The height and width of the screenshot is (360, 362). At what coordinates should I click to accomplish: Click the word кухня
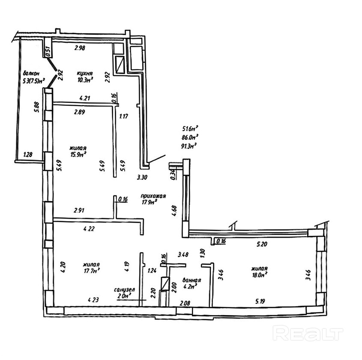coord(85,74)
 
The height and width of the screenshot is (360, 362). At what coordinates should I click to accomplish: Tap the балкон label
coord(31,74)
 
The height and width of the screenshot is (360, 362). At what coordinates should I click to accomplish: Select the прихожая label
coord(153,196)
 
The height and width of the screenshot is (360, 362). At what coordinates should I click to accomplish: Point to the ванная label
coord(191,280)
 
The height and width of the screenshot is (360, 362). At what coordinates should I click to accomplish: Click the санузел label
coord(124,290)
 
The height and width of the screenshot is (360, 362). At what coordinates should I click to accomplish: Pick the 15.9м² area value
coord(78,154)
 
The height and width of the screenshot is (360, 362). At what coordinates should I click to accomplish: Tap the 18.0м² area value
coord(260,275)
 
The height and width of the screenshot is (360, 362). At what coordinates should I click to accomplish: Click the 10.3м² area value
coord(85,80)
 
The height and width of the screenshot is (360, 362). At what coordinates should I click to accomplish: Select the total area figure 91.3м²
coord(188,146)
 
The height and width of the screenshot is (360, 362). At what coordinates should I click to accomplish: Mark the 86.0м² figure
coord(190,137)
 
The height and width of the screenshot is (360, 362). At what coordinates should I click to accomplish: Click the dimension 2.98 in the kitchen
coord(80,48)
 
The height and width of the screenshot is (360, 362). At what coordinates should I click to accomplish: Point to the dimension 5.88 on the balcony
coord(37,107)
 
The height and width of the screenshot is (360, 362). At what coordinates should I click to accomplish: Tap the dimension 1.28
coord(28,155)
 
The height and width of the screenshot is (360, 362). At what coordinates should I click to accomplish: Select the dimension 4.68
coord(174,211)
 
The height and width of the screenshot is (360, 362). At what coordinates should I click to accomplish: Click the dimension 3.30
coord(142,178)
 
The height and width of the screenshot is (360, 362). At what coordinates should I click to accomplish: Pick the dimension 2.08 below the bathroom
coord(185,303)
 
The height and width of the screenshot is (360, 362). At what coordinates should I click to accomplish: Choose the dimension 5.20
coord(262,244)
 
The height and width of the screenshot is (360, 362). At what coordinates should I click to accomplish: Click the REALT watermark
coord(308,333)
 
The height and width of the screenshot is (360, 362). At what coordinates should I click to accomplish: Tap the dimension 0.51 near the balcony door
coord(48,52)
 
